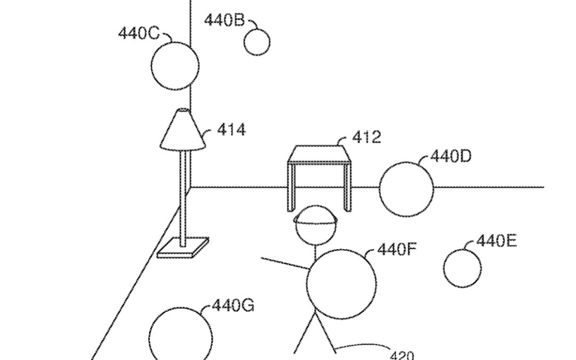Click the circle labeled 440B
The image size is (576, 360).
click(x=257, y=43)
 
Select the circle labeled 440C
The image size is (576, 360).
click(x=175, y=66)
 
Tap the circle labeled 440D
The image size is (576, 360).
click(x=406, y=189)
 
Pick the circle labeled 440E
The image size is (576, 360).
click(x=462, y=268)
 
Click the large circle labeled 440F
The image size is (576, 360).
click(x=341, y=284)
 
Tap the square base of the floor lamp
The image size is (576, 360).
click(x=183, y=248)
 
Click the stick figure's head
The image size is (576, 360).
click(x=316, y=226)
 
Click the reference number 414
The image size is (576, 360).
click(x=231, y=130)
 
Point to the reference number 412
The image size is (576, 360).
click(x=366, y=137)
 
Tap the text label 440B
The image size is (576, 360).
click(x=224, y=20)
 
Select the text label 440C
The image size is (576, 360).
click(x=139, y=33)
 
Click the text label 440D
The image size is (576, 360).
click(x=451, y=157)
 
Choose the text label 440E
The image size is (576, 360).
click(x=496, y=241)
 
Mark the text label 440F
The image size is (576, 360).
click(x=396, y=249)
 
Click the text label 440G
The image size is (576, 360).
click(x=233, y=306)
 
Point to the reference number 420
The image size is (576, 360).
click(x=402, y=355)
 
